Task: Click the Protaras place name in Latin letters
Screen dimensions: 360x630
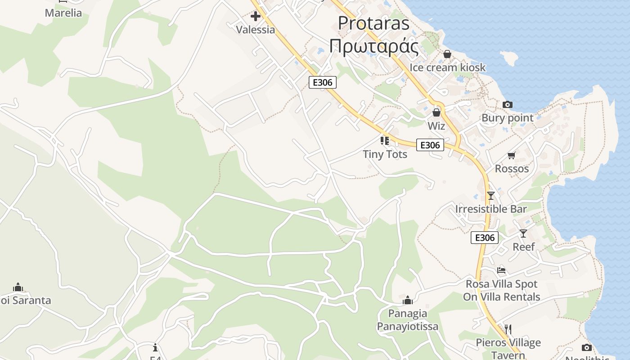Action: coord(373,23)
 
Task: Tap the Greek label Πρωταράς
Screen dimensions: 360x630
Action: coord(373,46)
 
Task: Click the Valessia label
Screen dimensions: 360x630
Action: coord(256,30)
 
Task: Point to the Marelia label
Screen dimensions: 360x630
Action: coord(63,13)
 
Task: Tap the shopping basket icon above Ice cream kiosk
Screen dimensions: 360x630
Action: coord(447,54)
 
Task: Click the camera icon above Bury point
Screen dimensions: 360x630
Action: coord(508,104)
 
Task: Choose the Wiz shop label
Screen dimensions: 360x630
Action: coord(436,126)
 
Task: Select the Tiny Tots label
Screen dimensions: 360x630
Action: coord(385,154)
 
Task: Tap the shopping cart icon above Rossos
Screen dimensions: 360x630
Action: coord(511,156)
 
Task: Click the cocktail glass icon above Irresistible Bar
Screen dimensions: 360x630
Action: coord(490,196)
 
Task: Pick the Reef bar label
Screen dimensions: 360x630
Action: coord(524,247)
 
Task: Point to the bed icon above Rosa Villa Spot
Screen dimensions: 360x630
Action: coord(501,270)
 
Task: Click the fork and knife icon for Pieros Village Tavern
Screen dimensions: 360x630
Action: coord(508,329)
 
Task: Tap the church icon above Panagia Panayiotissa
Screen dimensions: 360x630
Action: coord(408,300)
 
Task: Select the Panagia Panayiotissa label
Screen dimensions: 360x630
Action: coord(408,320)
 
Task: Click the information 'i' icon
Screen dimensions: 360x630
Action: coord(155,347)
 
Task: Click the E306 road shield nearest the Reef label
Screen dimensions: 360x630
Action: coord(485,238)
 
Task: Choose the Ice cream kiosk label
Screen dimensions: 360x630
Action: coord(447,67)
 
